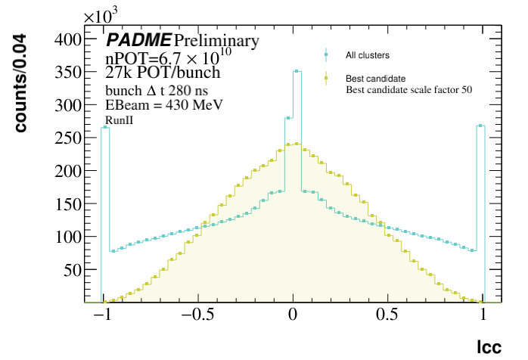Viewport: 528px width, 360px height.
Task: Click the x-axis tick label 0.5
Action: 388,317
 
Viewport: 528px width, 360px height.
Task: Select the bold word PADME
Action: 138,40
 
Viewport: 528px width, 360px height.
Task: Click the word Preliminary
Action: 216,40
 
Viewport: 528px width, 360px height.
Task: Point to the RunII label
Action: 119,120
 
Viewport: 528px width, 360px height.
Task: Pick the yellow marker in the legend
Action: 325,78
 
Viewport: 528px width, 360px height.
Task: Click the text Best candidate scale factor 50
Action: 408,90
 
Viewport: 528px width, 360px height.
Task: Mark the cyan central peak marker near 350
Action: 297,72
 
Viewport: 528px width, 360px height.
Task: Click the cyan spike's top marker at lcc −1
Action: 105,128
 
